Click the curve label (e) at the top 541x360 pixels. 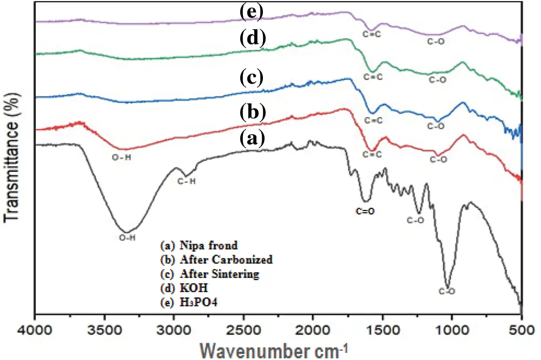tap(252, 11)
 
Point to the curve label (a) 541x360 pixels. tap(252, 139)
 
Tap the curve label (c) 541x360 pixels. tap(252, 78)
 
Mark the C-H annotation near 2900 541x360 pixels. tap(187, 181)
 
